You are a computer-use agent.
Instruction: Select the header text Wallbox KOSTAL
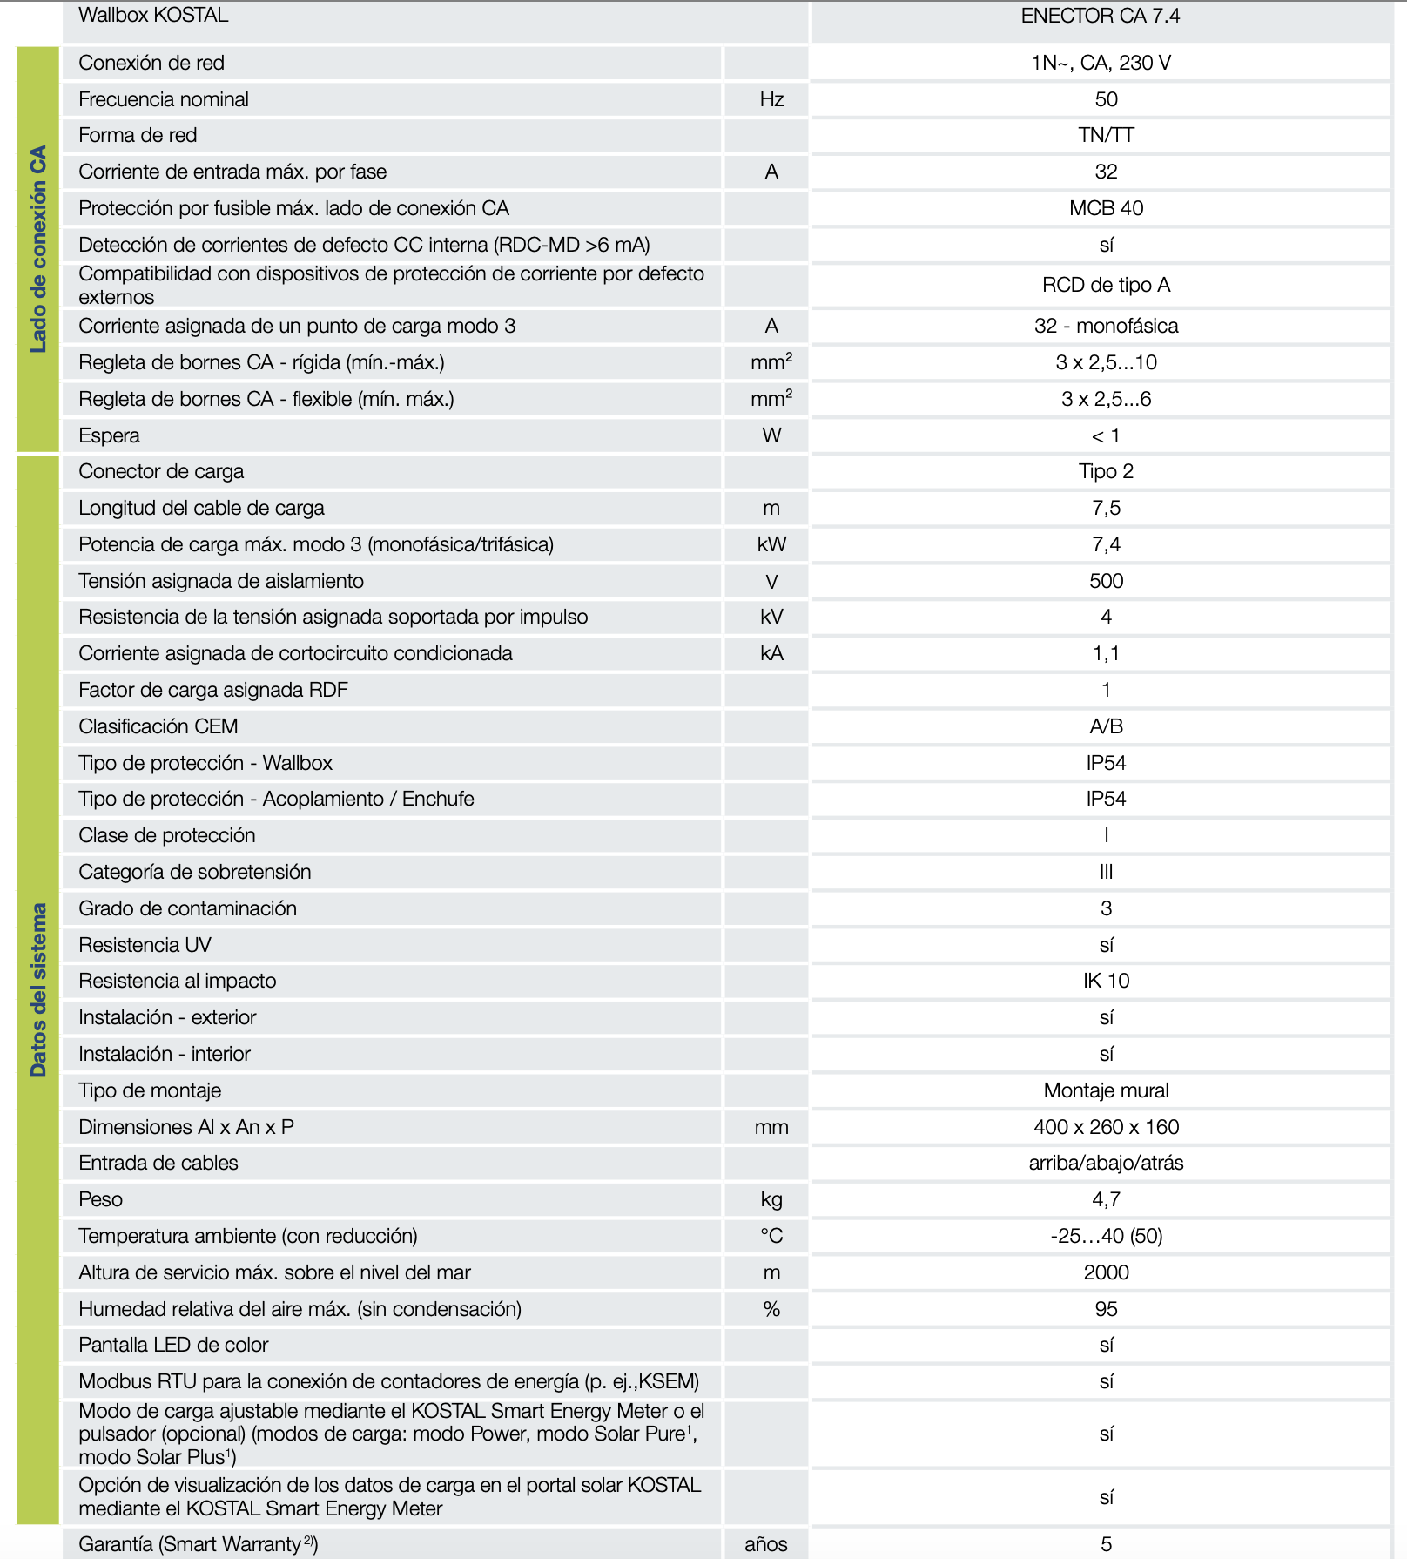[x=153, y=15]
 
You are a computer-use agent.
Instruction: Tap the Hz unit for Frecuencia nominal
[x=771, y=99]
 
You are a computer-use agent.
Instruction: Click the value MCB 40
[x=1106, y=208]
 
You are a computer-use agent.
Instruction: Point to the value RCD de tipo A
[x=1106, y=285]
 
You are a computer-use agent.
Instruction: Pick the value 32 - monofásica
[x=1106, y=326]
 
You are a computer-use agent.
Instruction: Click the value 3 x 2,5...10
[x=1106, y=362]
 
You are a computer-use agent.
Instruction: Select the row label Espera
[x=109, y=435]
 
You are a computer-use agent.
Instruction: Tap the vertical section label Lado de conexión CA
[x=38, y=249]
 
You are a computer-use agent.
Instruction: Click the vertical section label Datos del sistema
[x=38, y=989]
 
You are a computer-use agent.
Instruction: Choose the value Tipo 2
[x=1106, y=471]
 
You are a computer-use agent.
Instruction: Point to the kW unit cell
[x=771, y=544]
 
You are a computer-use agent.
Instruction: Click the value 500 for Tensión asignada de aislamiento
[x=1106, y=581]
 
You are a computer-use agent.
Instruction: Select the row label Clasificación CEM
[x=158, y=726]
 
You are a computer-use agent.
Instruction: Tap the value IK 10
[x=1106, y=981]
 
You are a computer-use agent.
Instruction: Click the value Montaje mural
[x=1106, y=1090]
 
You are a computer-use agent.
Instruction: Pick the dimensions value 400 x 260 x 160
[x=1106, y=1127]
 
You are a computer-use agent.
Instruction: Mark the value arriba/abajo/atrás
[x=1106, y=1163]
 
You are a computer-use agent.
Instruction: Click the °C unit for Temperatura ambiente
[x=771, y=1236]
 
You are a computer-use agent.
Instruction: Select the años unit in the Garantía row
[x=765, y=1544]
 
